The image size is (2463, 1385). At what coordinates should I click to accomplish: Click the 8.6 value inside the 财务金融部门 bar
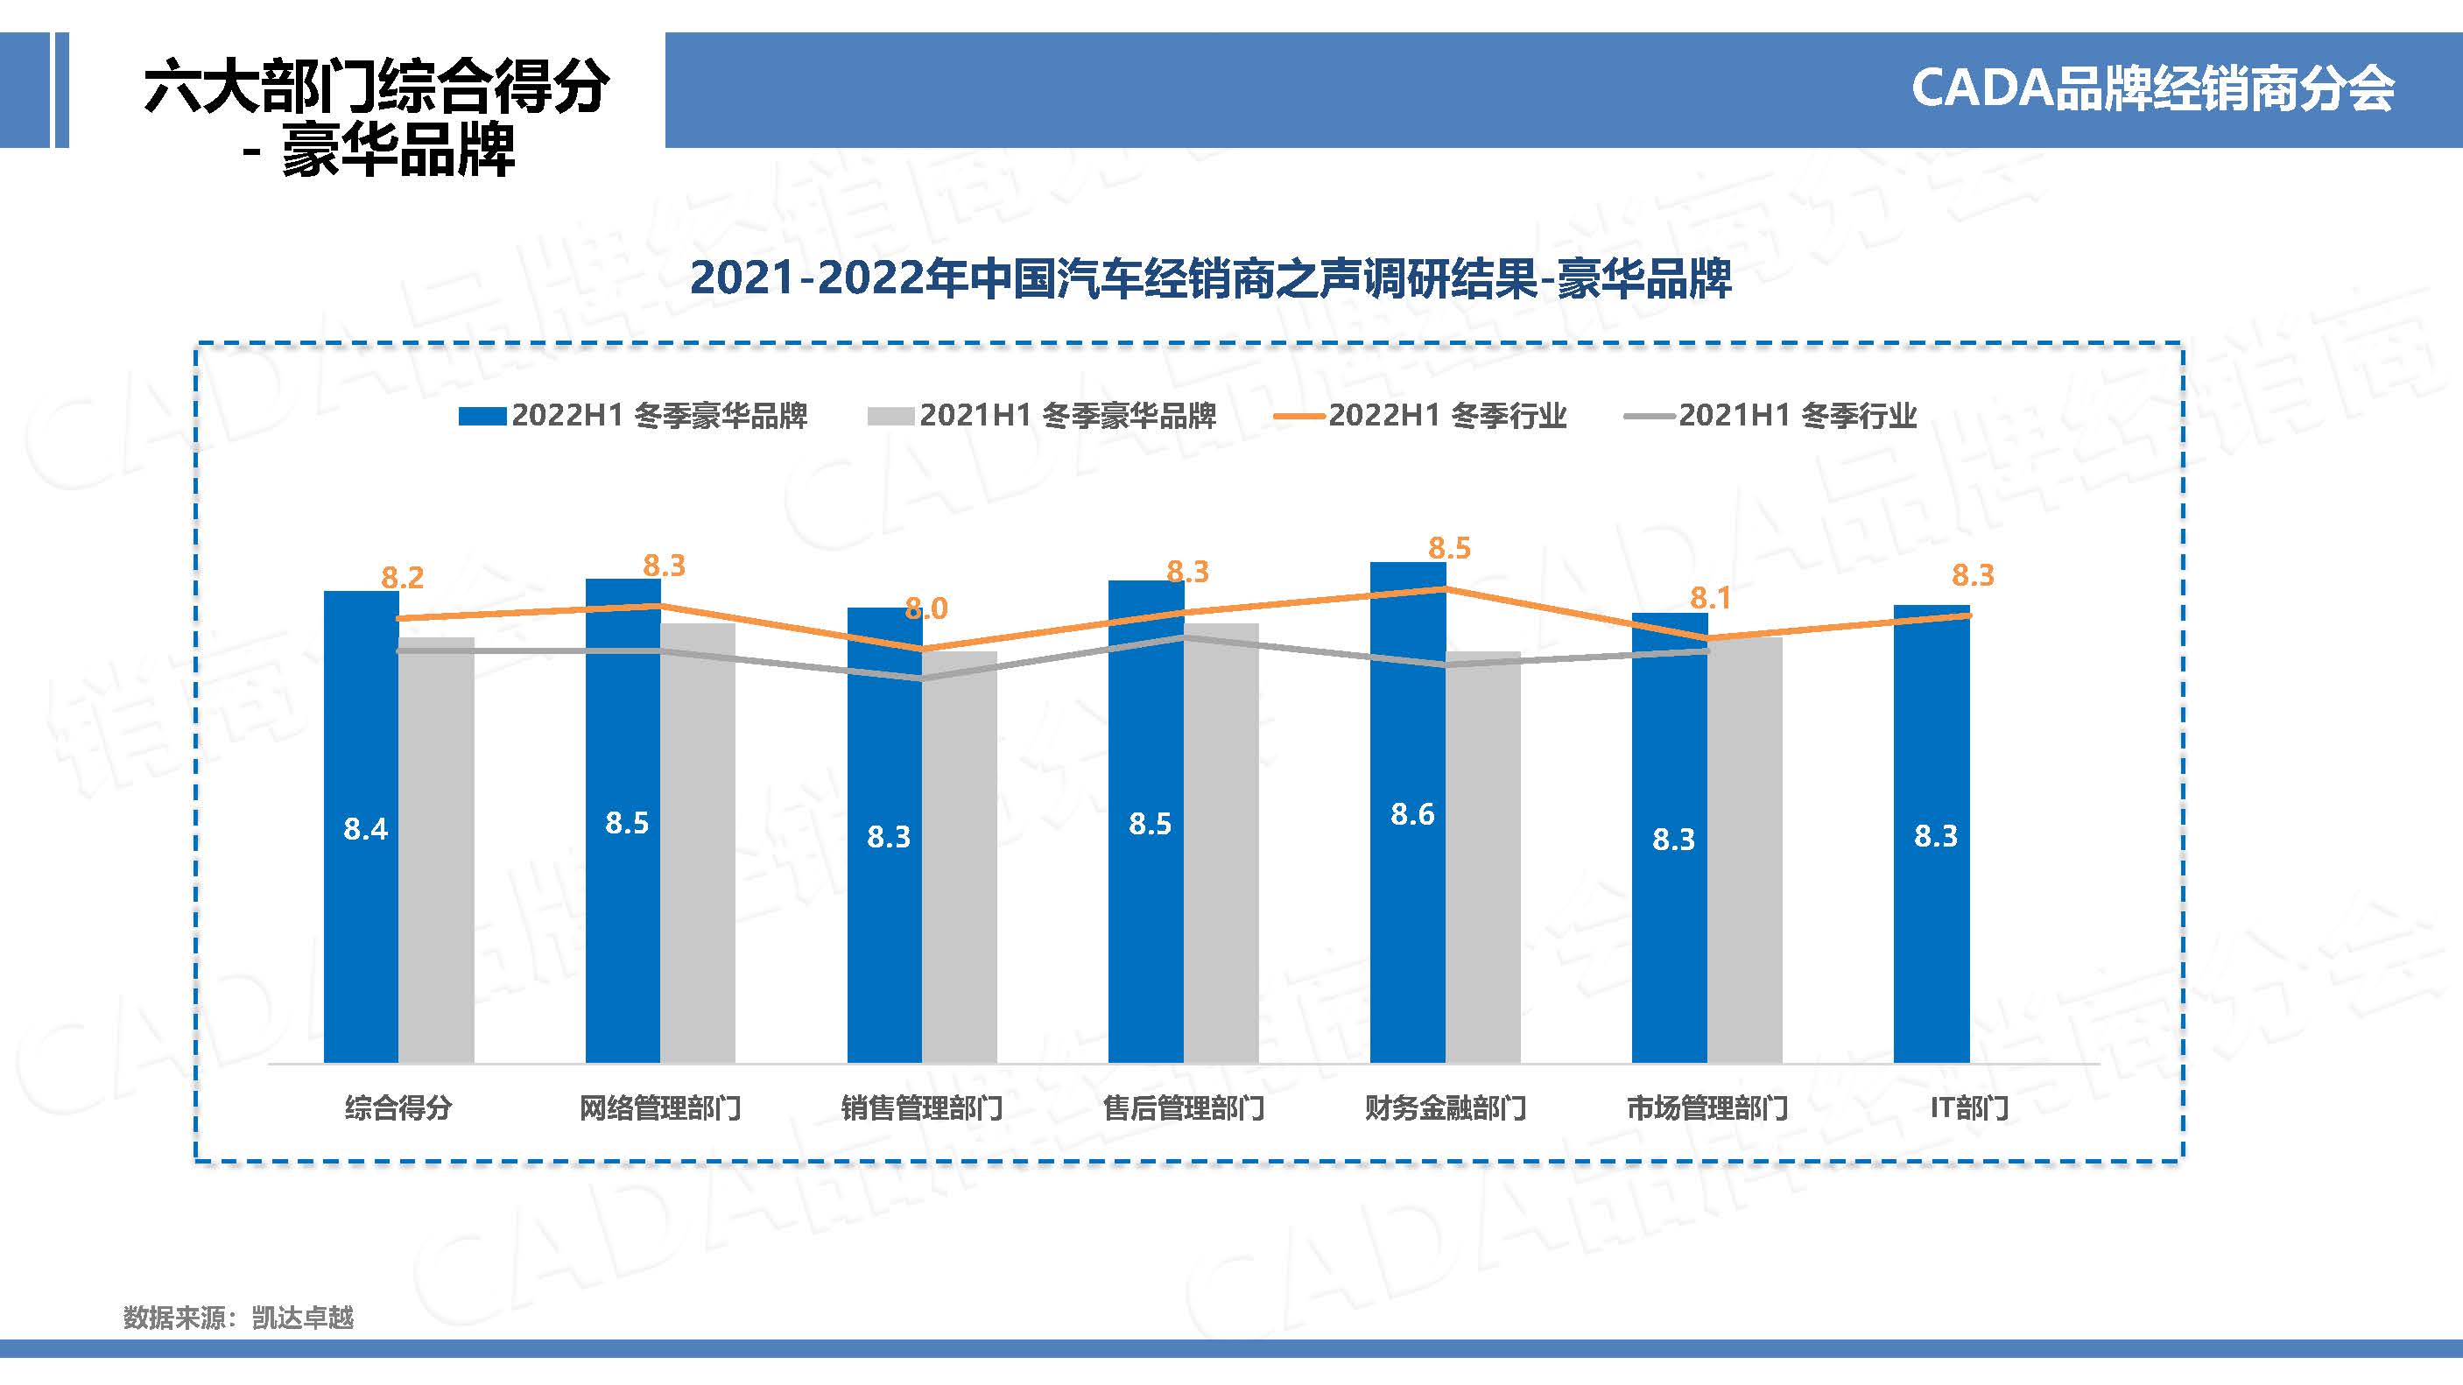click(1412, 814)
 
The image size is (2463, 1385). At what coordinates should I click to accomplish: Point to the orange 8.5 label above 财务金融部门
click(1449, 549)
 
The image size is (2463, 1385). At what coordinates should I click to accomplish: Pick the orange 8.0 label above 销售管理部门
click(926, 608)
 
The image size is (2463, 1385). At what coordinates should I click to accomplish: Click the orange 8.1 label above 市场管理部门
click(1711, 598)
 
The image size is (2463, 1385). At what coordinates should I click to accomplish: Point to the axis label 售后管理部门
click(1184, 1108)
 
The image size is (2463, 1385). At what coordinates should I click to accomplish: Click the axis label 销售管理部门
click(922, 1108)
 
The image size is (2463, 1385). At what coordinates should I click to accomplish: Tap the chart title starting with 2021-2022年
click(1209, 279)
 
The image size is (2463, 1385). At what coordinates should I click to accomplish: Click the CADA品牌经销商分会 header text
click(2151, 89)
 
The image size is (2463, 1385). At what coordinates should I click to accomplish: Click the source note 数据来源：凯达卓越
click(238, 1318)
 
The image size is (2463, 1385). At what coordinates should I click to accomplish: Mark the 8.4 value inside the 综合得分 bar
click(365, 829)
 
